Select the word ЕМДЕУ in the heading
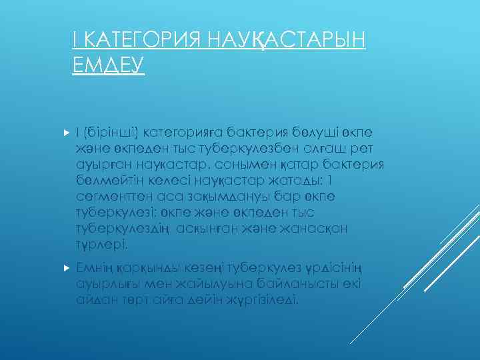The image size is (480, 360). (107, 66)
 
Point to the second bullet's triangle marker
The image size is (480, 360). (65, 267)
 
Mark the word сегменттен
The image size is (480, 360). (111, 197)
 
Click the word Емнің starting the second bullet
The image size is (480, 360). (96, 267)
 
